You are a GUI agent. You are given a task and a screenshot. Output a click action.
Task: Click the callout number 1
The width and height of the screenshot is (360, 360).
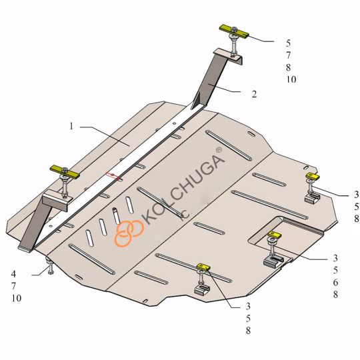click(x=71, y=126)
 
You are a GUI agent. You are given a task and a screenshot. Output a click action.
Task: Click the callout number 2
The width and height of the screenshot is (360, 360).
click(x=254, y=94)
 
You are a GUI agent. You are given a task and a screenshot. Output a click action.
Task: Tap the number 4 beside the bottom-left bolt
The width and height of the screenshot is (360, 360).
click(x=13, y=274)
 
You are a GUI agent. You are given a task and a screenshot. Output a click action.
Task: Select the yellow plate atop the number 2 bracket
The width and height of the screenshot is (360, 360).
click(x=234, y=32)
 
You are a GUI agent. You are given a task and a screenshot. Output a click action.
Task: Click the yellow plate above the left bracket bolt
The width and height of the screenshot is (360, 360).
click(x=65, y=172)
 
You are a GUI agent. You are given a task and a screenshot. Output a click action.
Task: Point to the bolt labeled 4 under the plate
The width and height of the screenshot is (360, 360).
click(x=49, y=265)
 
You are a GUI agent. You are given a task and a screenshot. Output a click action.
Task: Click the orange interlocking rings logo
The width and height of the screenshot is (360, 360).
click(x=129, y=233)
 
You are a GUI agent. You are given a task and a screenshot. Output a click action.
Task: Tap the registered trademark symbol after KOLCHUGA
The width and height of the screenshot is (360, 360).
click(x=219, y=150)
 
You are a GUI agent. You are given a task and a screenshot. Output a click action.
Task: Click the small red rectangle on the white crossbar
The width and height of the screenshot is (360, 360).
click(x=113, y=175)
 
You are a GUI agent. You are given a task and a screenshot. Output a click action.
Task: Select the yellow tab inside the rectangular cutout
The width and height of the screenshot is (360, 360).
click(x=275, y=235)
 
